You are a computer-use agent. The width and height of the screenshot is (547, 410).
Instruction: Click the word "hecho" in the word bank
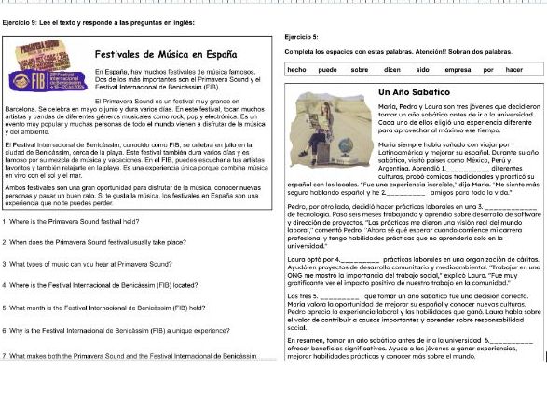(x=297, y=70)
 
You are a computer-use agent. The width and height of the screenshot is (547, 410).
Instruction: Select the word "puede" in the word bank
(x=327, y=70)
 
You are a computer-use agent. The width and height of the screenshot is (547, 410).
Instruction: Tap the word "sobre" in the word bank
(x=360, y=70)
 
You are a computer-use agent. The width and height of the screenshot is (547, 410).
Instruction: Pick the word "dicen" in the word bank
(x=391, y=70)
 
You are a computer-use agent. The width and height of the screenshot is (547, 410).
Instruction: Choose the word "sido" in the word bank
(x=422, y=70)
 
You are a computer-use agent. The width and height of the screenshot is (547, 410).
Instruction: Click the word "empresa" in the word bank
(x=457, y=70)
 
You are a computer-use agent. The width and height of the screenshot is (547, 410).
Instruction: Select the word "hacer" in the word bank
(x=514, y=70)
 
